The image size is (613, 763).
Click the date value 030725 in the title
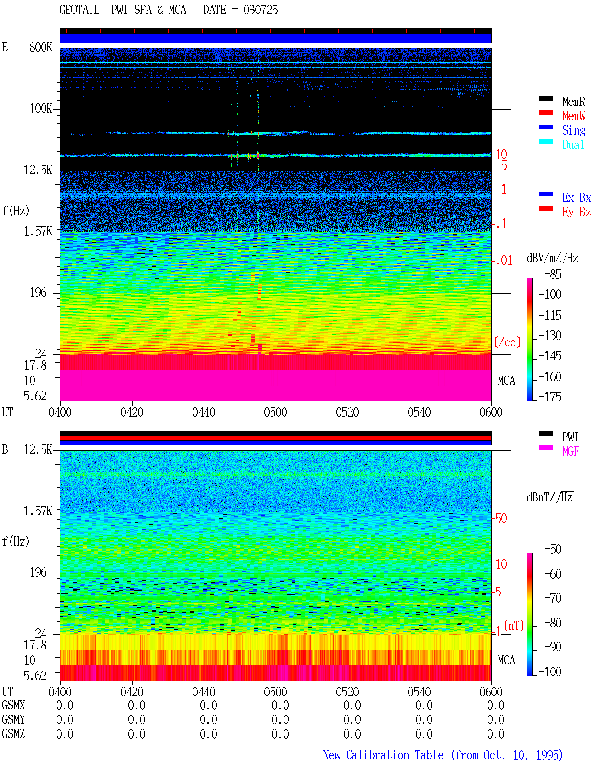tap(261, 10)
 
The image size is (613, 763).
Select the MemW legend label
tap(574, 116)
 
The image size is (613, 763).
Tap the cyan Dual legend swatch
tap(545, 141)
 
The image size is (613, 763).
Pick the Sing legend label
tap(574, 130)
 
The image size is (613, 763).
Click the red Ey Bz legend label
tap(577, 212)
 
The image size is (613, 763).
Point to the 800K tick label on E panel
tap(41, 47)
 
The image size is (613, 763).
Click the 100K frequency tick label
tap(41, 109)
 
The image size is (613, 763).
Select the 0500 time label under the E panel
tap(275, 412)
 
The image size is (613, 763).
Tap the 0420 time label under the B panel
tap(132, 692)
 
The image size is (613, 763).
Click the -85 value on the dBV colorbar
tap(553, 274)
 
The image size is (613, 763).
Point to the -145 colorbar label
tap(550, 355)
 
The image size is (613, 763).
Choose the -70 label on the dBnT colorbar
tap(553, 598)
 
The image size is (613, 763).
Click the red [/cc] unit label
tap(507, 342)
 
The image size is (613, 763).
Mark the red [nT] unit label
tap(514, 626)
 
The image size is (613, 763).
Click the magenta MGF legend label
tap(570, 451)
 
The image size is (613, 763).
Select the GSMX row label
tap(13, 705)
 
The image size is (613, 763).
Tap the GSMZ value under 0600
tap(496, 734)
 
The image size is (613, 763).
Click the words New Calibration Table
tap(383, 755)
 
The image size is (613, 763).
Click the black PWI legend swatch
tap(545, 433)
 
